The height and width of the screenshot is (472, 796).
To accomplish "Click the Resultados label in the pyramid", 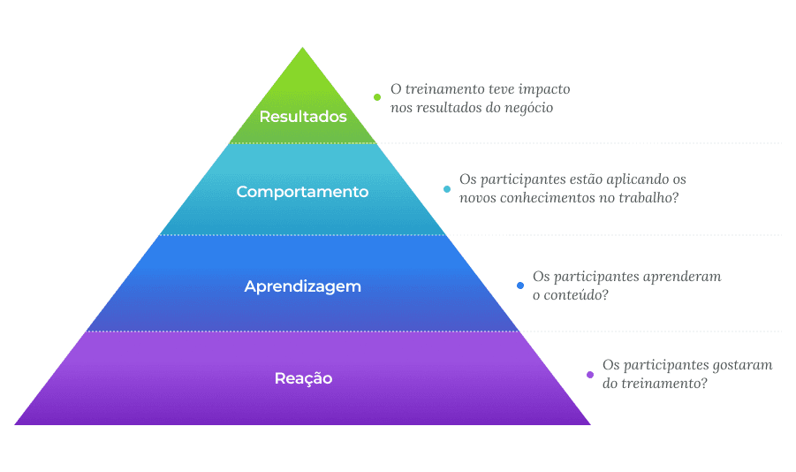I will [x=303, y=117].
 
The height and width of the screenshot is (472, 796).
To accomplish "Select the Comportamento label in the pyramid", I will [x=302, y=192].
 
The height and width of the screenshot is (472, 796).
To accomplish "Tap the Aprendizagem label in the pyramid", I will [x=303, y=286].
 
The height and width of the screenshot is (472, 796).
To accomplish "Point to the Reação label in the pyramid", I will [x=303, y=378].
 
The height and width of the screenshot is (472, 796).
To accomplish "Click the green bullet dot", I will [x=377, y=97].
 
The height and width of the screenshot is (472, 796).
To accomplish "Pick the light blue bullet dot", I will [x=447, y=188].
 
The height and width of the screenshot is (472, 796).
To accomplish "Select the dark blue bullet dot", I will [x=520, y=285].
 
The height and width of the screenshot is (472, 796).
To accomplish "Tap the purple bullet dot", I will [x=590, y=374].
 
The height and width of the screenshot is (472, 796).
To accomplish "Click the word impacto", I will [x=541, y=89].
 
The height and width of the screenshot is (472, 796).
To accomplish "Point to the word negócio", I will [x=527, y=108].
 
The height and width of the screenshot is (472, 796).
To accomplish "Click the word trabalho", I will [x=647, y=198].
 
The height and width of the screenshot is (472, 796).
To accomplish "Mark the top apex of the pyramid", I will [x=303, y=48].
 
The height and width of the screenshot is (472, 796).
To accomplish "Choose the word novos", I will [x=479, y=198].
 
